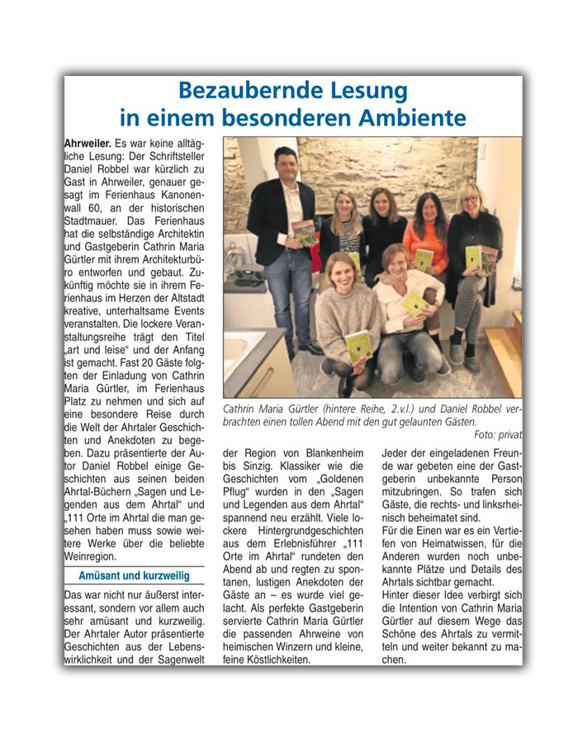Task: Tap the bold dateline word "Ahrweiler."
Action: (88, 144)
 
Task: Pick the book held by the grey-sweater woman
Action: (358, 347)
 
